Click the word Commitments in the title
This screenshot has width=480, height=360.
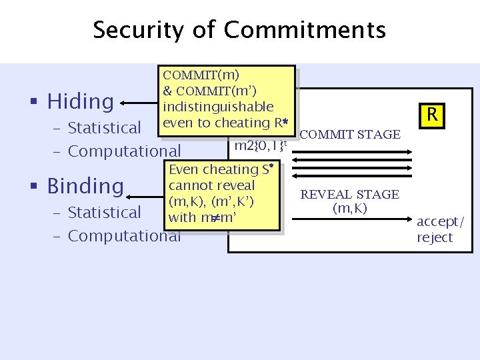tap(305, 30)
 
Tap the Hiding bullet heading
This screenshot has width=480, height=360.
tap(80, 101)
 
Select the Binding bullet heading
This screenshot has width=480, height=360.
tap(85, 186)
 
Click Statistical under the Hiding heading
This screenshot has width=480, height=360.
tap(105, 127)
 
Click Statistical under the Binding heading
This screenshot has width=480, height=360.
tap(105, 212)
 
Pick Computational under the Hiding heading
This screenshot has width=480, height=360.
tap(124, 151)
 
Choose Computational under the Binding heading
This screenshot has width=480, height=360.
tap(124, 235)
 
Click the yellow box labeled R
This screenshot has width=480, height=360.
tap(432, 115)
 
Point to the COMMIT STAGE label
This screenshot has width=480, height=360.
tap(350, 135)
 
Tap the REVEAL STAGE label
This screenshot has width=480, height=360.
tap(350, 194)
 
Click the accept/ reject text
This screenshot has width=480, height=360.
tap(438, 229)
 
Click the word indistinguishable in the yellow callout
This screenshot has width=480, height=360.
tap(218, 107)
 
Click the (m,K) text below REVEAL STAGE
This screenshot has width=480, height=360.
tap(350, 207)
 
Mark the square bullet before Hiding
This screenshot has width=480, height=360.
tap(32, 102)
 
